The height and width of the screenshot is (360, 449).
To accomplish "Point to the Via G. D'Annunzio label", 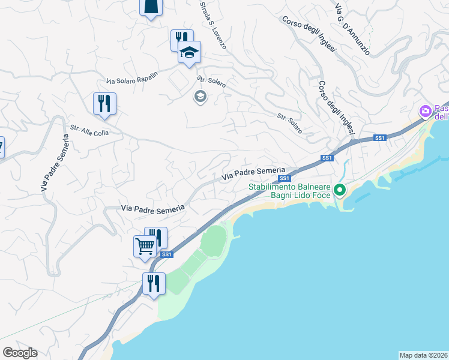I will [x=352, y=28].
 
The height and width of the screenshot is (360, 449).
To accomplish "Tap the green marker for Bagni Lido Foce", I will [x=340, y=190].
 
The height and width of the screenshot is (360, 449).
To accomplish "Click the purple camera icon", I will [x=426, y=112].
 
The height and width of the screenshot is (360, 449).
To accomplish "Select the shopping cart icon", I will [x=145, y=246].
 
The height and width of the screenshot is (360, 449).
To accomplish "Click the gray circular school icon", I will [x=200, y=96].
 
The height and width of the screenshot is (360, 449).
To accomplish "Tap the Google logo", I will [x=20, y=353].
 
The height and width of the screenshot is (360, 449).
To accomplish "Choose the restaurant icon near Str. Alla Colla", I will [x=105, y=103].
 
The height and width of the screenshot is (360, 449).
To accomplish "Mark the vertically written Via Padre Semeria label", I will [x=55, y=163].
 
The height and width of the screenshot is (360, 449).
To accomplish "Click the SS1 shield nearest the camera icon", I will [x=379, y=138].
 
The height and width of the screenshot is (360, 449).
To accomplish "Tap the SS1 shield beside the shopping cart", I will [x=166, y=254].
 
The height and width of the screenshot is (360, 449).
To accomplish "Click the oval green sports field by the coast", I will [x=215, y=241].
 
